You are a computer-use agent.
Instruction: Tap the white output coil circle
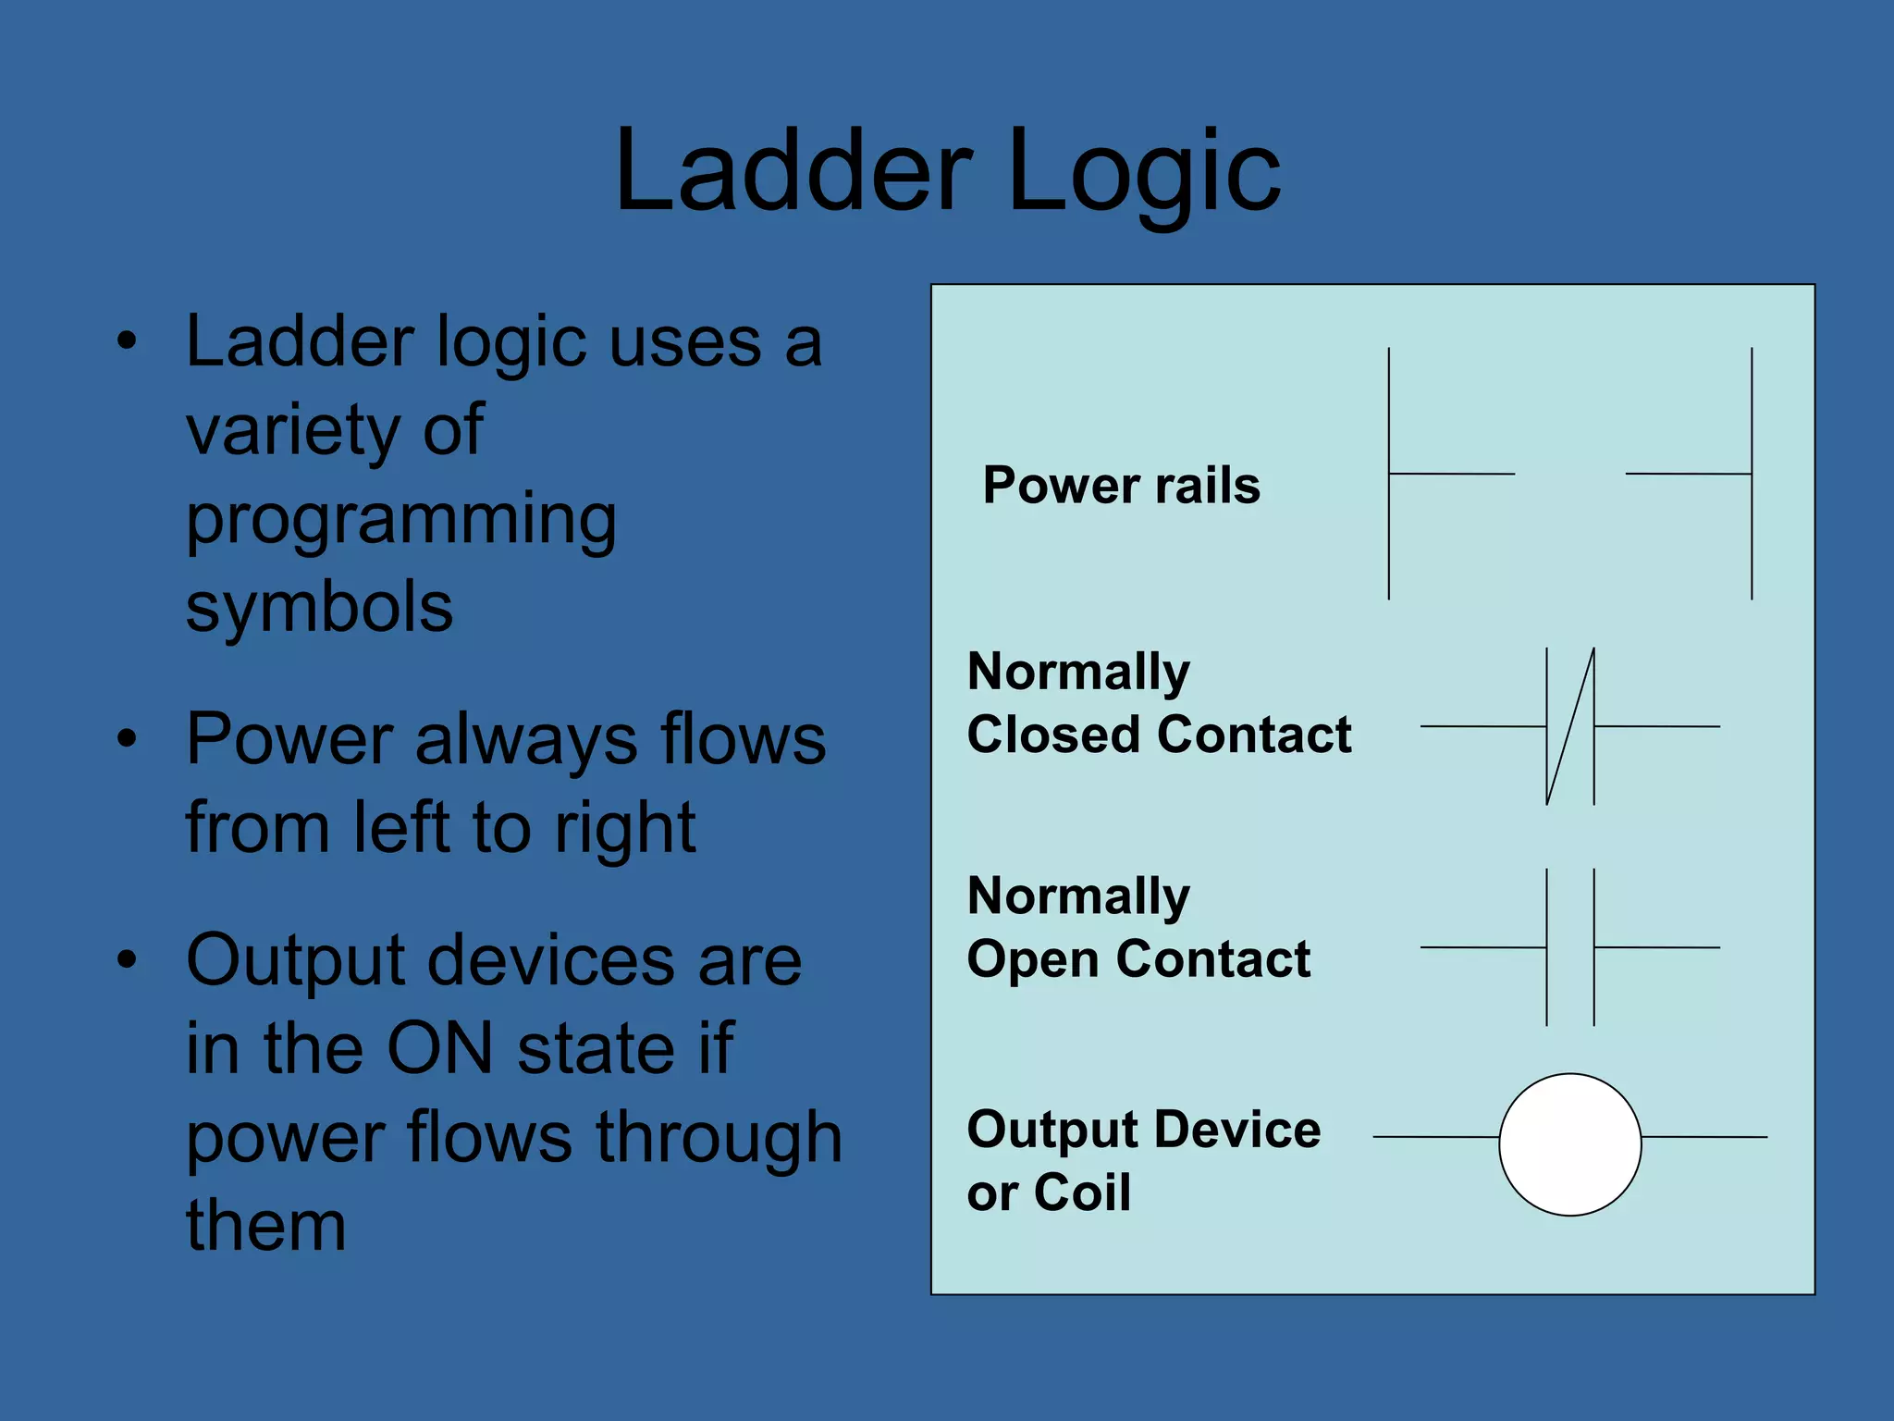pos(1569,1144)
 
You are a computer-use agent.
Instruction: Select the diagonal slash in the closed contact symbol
pos(1570,726)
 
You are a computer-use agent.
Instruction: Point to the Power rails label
pos(1121,485)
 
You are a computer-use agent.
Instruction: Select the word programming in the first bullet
pos(400,521)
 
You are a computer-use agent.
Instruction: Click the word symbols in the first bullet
pos(319,607)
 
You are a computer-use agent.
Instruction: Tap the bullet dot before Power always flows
pos(127,738)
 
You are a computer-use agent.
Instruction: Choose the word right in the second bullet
pos(625,828)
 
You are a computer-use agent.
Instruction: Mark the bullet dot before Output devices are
pos(127,959)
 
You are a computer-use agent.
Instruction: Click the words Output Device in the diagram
pos(1143,1130)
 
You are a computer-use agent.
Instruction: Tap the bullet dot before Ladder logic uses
pos(127,340)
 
